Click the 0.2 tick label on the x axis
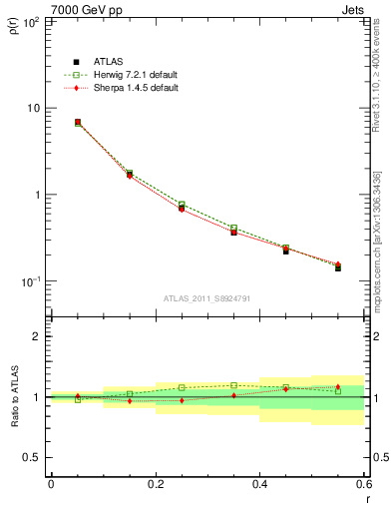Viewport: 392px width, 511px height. pos(155,484)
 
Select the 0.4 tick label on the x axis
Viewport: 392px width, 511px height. pos(259,484)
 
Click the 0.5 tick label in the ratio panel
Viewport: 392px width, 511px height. pos(33,457)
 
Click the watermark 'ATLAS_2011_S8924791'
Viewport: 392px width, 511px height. pos(206,297)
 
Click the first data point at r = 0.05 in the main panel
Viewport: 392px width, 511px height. pos(78,122)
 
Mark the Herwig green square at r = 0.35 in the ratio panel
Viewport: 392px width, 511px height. pos(233,385)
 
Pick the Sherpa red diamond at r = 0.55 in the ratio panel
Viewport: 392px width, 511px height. pos(338,387)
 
